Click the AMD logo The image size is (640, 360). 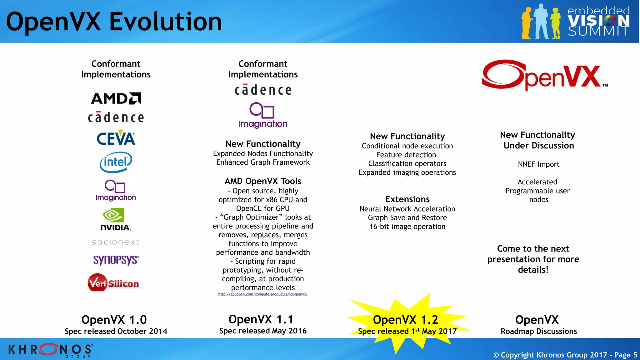click(116, 98)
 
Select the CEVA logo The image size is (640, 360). click(116, 138)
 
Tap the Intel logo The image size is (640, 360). click(116, 162)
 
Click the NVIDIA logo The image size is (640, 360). click(115, 220)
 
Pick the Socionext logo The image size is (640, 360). click(116, 242)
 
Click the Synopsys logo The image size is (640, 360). click(116, 260)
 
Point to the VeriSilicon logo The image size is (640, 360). click(114, 283)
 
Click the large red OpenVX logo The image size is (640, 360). click(544, 75)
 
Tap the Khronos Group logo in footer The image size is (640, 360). click(50, 350)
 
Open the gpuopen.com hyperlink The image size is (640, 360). click(263, 294)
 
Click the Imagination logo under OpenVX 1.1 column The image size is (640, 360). click(263, 115)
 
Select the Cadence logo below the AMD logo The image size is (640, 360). click(116, 117)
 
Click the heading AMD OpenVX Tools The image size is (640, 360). click(263, 181)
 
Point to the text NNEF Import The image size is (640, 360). click(538, 164)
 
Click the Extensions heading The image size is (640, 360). click(407, 199)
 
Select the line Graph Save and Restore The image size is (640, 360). click(407, 218)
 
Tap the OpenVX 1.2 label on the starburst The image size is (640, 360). click(405, 320)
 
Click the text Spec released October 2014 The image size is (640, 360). click(116, 331)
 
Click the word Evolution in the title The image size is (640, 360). click(166, 22)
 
